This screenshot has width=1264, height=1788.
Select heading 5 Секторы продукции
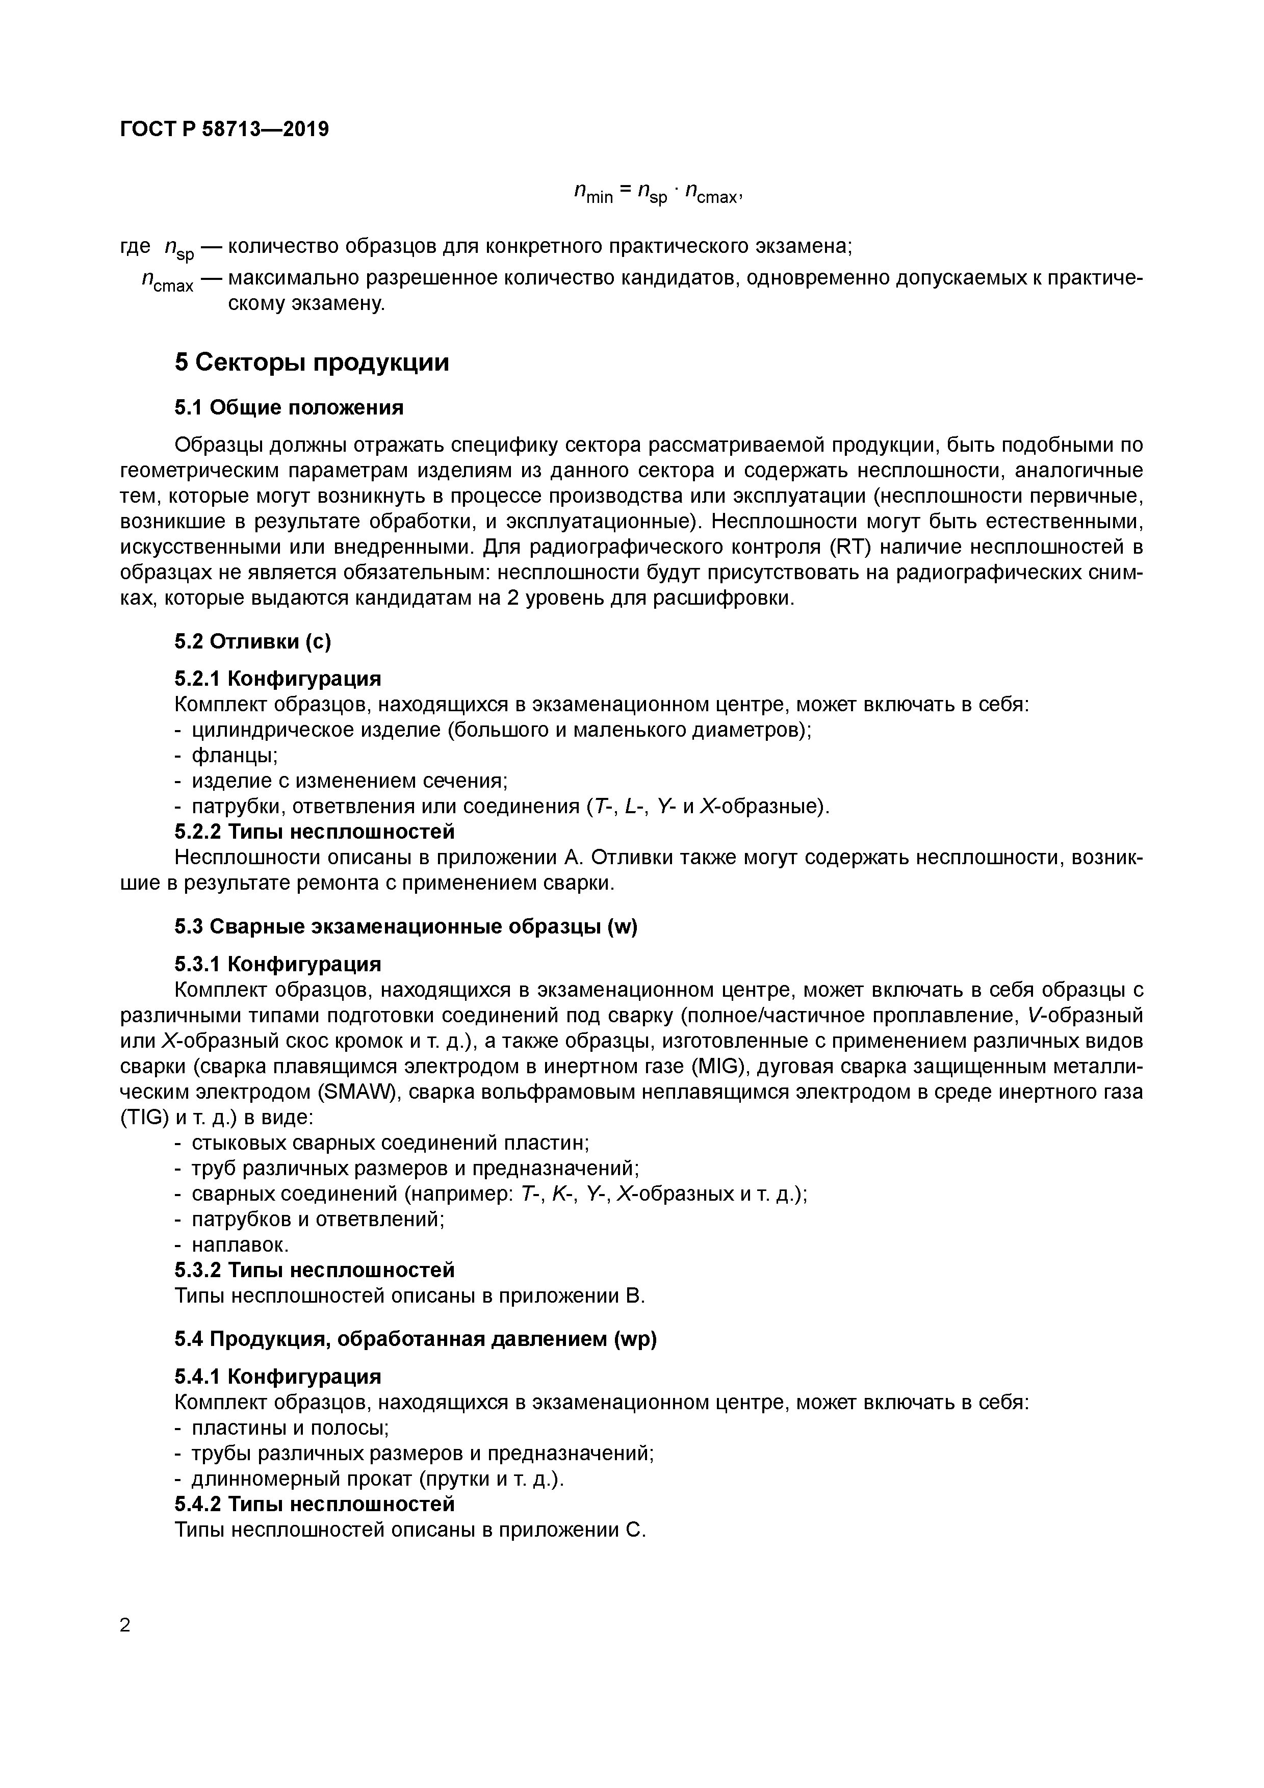(x=312, y=363)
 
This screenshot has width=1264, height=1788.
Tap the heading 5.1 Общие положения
(x=289, y=407)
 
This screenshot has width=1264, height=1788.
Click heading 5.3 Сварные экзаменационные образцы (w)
(x=406, y=927)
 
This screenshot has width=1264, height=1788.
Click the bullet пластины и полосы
(x=290, y=1428)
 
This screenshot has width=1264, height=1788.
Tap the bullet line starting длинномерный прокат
(x=377, y=1479)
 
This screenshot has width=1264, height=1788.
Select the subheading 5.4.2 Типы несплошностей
(x=314, y=1504)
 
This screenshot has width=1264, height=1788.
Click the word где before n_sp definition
(x=136, y=246)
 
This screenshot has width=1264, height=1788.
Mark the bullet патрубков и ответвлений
(x=317, y=1219)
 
